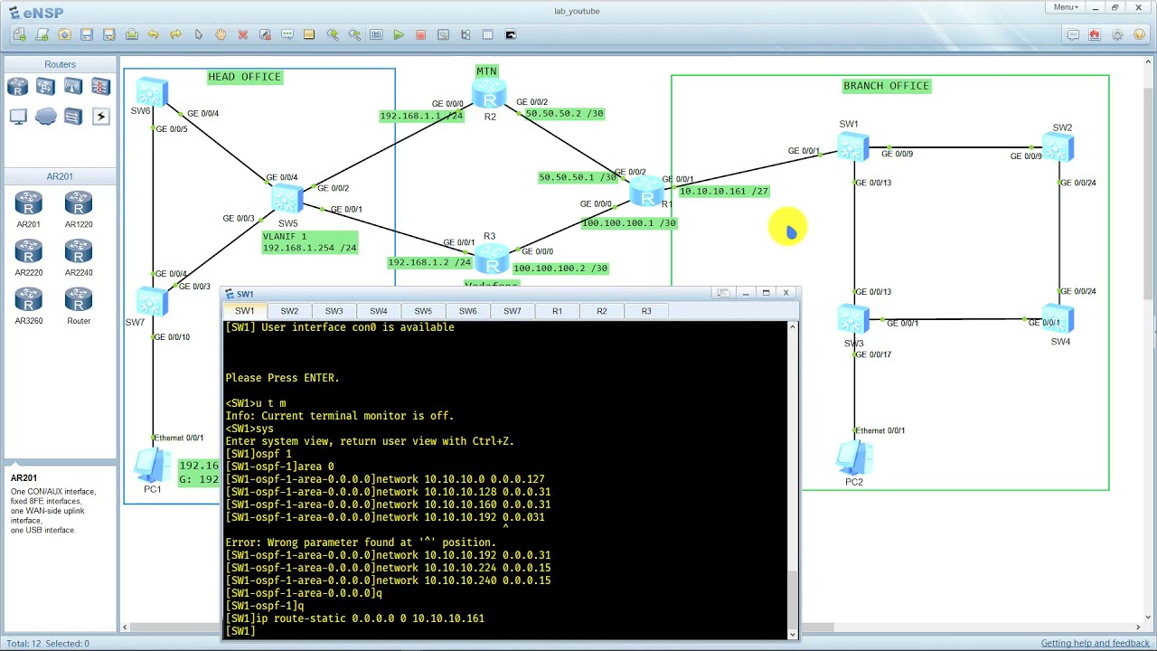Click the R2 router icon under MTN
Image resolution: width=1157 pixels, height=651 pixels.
pyautogui.click(x=489, y=96)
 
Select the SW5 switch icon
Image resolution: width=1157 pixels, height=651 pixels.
pyautogui.click(x=287, y=199)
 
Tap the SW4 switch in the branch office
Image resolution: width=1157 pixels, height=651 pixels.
pyautogui.click(x=1058, y=319)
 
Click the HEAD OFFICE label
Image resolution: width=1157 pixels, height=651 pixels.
pyautogui.click(x=245, y=77)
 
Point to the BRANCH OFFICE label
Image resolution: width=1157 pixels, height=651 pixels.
pyautogui.click(x=886, y=86)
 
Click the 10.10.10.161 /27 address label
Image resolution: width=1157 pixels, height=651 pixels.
pyautogui.click(x=723, y=192)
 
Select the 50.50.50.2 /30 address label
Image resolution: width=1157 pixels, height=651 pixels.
pyautogui.click(x=564, y=114)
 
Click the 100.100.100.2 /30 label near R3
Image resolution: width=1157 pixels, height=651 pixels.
pyautogui.click(x=560, y=269)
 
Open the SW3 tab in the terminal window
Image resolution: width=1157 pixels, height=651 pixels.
pyautogui.click(x=334, y=311)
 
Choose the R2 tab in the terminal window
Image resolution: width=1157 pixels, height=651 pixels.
pyautogui.click(x=602, y=311)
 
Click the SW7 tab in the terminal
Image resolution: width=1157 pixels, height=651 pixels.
pyautogui.click(x=513, y=311)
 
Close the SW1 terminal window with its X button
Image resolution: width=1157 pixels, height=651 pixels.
pyautogui.click(x=785, y=293)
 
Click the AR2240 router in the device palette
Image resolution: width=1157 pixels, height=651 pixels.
pyautogui.click(x=79, y=251)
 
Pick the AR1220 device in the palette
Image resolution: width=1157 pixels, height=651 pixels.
pyautogui.click(x=79, y=203)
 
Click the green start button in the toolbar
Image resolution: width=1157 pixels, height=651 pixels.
pyautogui.click(x=399, y=35)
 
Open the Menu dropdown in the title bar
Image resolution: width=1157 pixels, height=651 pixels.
pyautogui.click(x=1066, y=7)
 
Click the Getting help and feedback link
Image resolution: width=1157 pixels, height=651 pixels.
pyautogui.click(x=1095, y=643)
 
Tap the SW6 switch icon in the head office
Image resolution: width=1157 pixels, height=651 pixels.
pyautogui.click(x=151, y=91)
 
